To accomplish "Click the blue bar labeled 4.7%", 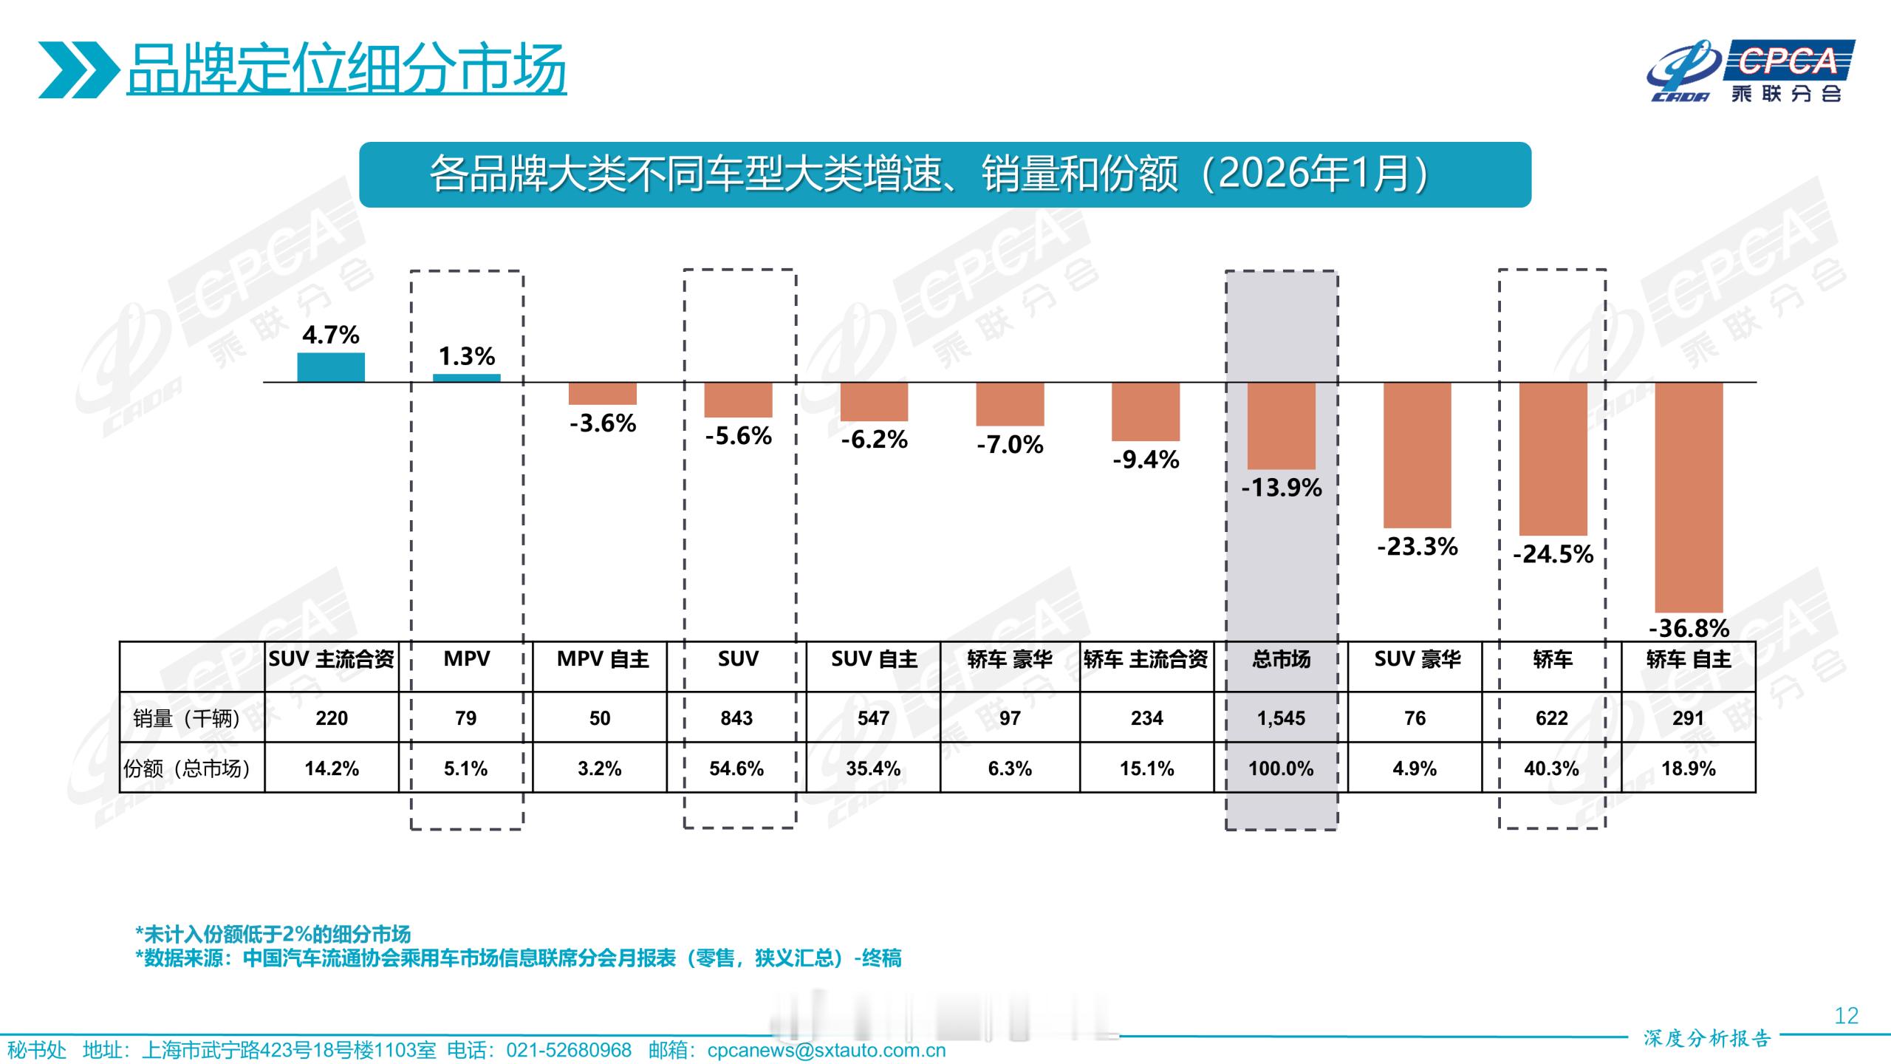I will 331,367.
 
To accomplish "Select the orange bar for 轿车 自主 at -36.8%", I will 1689,497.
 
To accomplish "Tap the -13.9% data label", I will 1282,488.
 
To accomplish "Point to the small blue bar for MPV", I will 466,378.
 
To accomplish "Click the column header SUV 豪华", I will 1417,659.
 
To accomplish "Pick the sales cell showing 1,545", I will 1281,718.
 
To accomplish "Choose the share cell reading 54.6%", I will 736,768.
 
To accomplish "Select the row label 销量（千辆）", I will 187,718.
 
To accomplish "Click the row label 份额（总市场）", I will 187,768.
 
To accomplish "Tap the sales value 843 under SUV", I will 736,718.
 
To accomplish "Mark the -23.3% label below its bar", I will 1417,547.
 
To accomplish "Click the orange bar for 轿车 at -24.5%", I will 1553,458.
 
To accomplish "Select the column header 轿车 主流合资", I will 1146,659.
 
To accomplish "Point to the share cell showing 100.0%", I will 1281,768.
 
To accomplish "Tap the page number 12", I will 1846,1016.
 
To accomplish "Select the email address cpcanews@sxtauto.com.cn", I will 826,1050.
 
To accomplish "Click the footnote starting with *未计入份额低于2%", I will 273,934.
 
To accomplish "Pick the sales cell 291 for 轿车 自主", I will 1688,718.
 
